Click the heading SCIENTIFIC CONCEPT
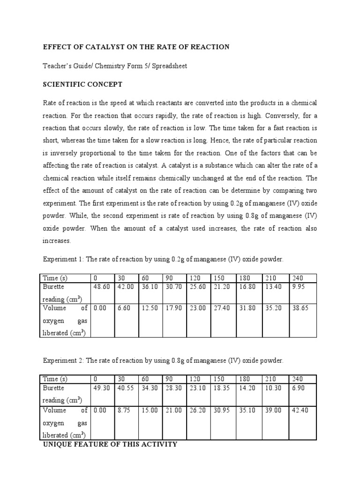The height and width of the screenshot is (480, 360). [82, 84]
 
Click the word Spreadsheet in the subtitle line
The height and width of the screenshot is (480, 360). [167, 66]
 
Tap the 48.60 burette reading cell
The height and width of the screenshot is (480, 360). [101, 287]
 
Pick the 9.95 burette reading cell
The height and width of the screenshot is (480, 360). [298, 287]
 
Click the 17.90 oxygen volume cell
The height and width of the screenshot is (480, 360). [173, 308]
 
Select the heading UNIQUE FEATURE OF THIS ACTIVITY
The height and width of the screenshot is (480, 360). [110, 444]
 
